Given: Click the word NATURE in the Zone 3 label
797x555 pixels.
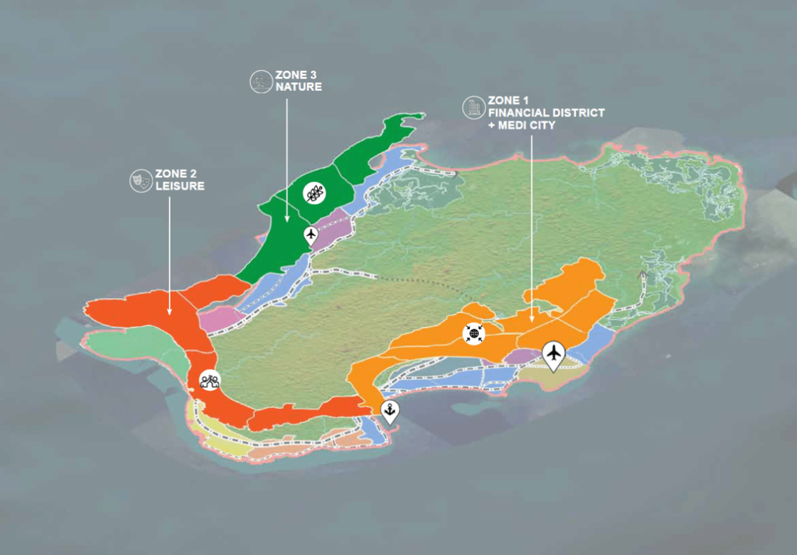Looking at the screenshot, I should tap(298, 87).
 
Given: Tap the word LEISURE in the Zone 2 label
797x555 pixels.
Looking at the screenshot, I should tap(180, 187).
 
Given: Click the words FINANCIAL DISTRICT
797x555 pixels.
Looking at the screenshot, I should tap(546, 113).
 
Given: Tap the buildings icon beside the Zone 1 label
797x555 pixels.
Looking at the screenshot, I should tap(472, 107).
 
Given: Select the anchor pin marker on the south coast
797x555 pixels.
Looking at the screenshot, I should tap(389, 410).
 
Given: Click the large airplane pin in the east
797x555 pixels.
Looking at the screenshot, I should tap(553, 354).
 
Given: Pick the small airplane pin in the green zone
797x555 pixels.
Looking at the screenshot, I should tap(311, 234).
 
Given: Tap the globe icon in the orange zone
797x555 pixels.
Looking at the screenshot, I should tap(472, 333).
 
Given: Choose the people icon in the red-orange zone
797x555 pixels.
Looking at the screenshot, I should tap(209, 381).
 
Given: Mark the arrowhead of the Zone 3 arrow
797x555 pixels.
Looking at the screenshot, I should tap(286, 219).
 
